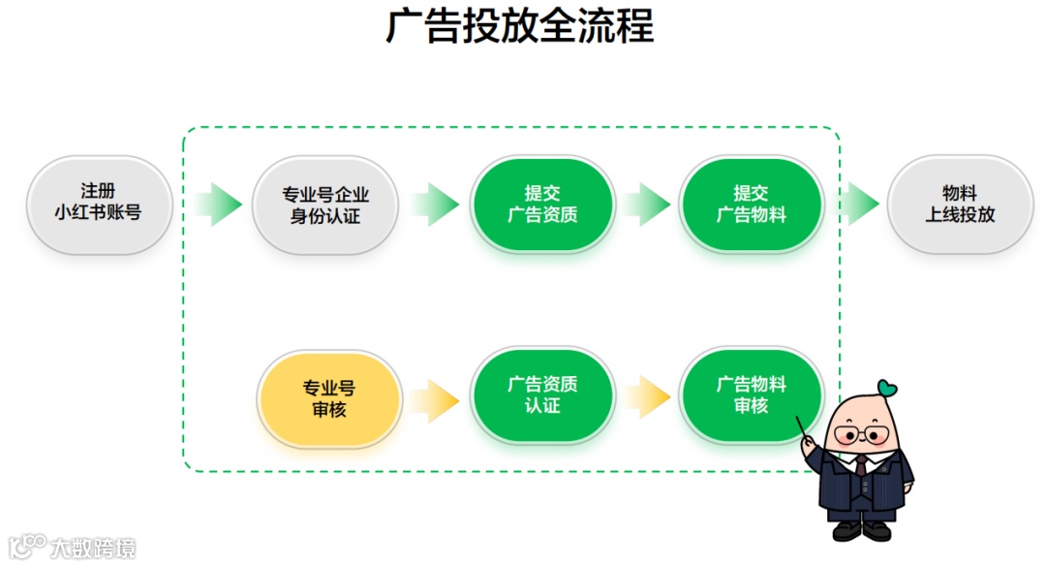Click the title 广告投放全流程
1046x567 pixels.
(x=521, y=27)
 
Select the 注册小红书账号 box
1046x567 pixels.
(x=99, y=204)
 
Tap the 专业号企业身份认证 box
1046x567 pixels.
(x=325, y=205)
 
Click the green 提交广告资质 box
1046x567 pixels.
(x=542, y=205)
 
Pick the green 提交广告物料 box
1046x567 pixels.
(x=752, y=205)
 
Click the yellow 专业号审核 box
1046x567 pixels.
(x=329, y=398)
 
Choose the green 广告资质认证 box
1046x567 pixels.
(x=542, y=395)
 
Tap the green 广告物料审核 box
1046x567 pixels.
(x=752, y=395)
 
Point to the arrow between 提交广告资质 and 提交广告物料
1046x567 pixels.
(x=647, y=205)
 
